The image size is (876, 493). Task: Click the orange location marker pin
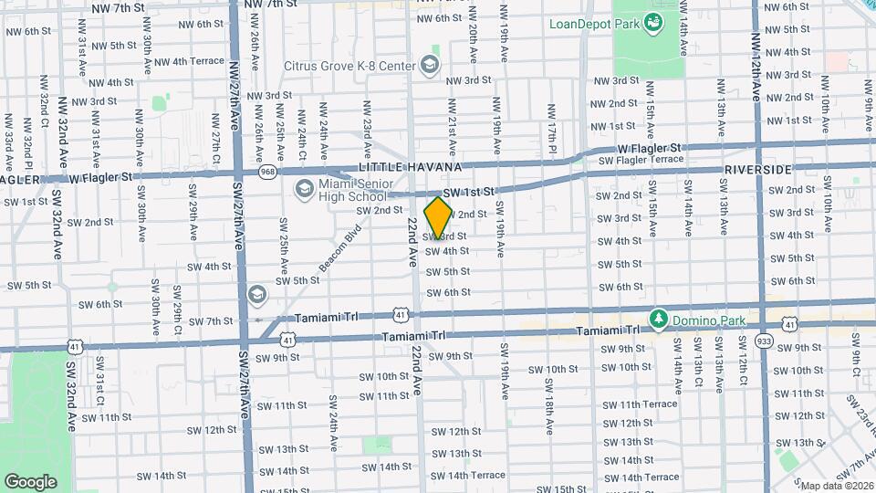[x=438, y=217]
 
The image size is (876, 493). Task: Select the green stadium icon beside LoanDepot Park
[x=653, y=21]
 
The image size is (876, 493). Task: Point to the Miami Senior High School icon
[x=304, y=188]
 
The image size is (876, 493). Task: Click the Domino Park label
[x=710, y=320]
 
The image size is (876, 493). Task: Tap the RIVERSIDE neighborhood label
[x=757, y=171]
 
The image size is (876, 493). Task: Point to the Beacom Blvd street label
[x=340, y=249]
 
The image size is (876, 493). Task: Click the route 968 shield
[x=267, y=170]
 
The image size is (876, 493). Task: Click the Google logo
[x=30, y=480]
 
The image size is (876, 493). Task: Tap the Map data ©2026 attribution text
[x=833, y=486]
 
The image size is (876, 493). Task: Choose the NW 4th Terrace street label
[x=189, y=61]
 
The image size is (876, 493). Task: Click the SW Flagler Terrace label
[x=641, y=160]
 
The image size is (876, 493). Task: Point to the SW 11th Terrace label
[x=640, y=404]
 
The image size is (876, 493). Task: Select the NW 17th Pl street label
[x=553, y=123]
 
